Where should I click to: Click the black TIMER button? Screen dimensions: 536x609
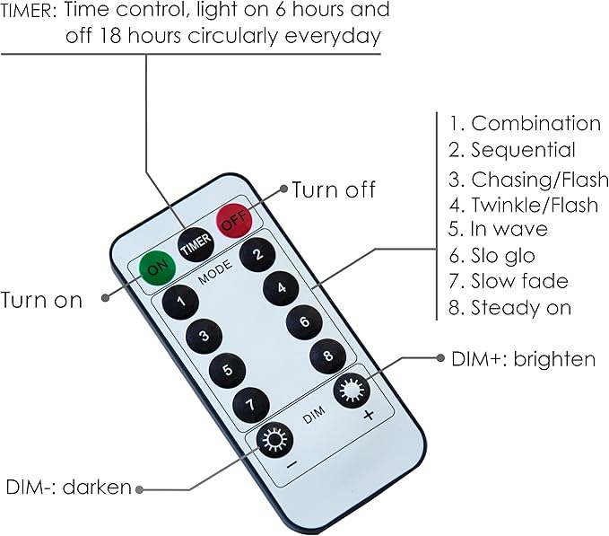(195, 242)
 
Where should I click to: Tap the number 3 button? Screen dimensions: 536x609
(204, 336)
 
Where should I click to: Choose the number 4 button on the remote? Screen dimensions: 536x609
(281, 288)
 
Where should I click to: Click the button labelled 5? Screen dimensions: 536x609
(227, 369)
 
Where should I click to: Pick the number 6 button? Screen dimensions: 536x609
(304, 322)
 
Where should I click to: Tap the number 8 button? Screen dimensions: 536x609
(327, 356)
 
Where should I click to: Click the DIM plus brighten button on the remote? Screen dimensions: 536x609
(351, 391)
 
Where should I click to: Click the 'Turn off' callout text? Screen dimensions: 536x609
(334, 189)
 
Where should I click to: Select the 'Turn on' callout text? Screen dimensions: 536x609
(42, 300)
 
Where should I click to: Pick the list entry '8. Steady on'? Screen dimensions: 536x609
(509, 308)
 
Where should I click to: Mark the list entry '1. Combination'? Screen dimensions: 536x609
(525, 124)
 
